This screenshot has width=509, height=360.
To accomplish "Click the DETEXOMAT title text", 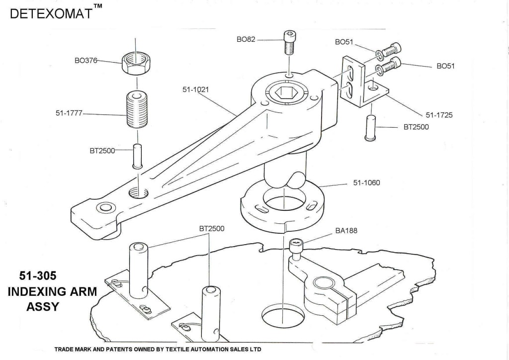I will click(x=50, y=13).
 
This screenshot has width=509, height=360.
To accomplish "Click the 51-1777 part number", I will click(x=69, y=113).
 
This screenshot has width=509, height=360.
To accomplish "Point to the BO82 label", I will click(x=246, y=39).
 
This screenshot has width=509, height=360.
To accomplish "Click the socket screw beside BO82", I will click(x=289, y=43).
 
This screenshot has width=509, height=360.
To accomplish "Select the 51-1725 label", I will click(x=439, y=115).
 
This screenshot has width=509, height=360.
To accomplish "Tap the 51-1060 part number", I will click(x=366, y=183).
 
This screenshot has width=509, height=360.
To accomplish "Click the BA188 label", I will click(x=346, y=231).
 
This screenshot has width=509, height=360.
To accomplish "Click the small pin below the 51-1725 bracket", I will click(x=370, y=128).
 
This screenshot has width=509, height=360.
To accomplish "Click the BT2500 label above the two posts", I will click(x=212, y=229).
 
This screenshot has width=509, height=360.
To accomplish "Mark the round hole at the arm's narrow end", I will click(x=105, y=207).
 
